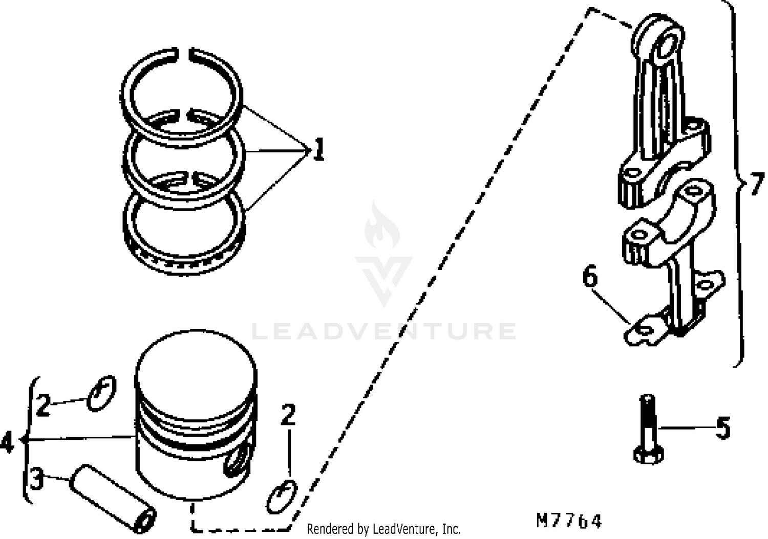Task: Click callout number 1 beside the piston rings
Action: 318,149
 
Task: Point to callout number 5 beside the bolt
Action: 723,428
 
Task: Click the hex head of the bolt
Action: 648,455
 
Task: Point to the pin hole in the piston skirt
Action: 238,462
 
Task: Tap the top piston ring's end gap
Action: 183,55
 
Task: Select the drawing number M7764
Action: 569,521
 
